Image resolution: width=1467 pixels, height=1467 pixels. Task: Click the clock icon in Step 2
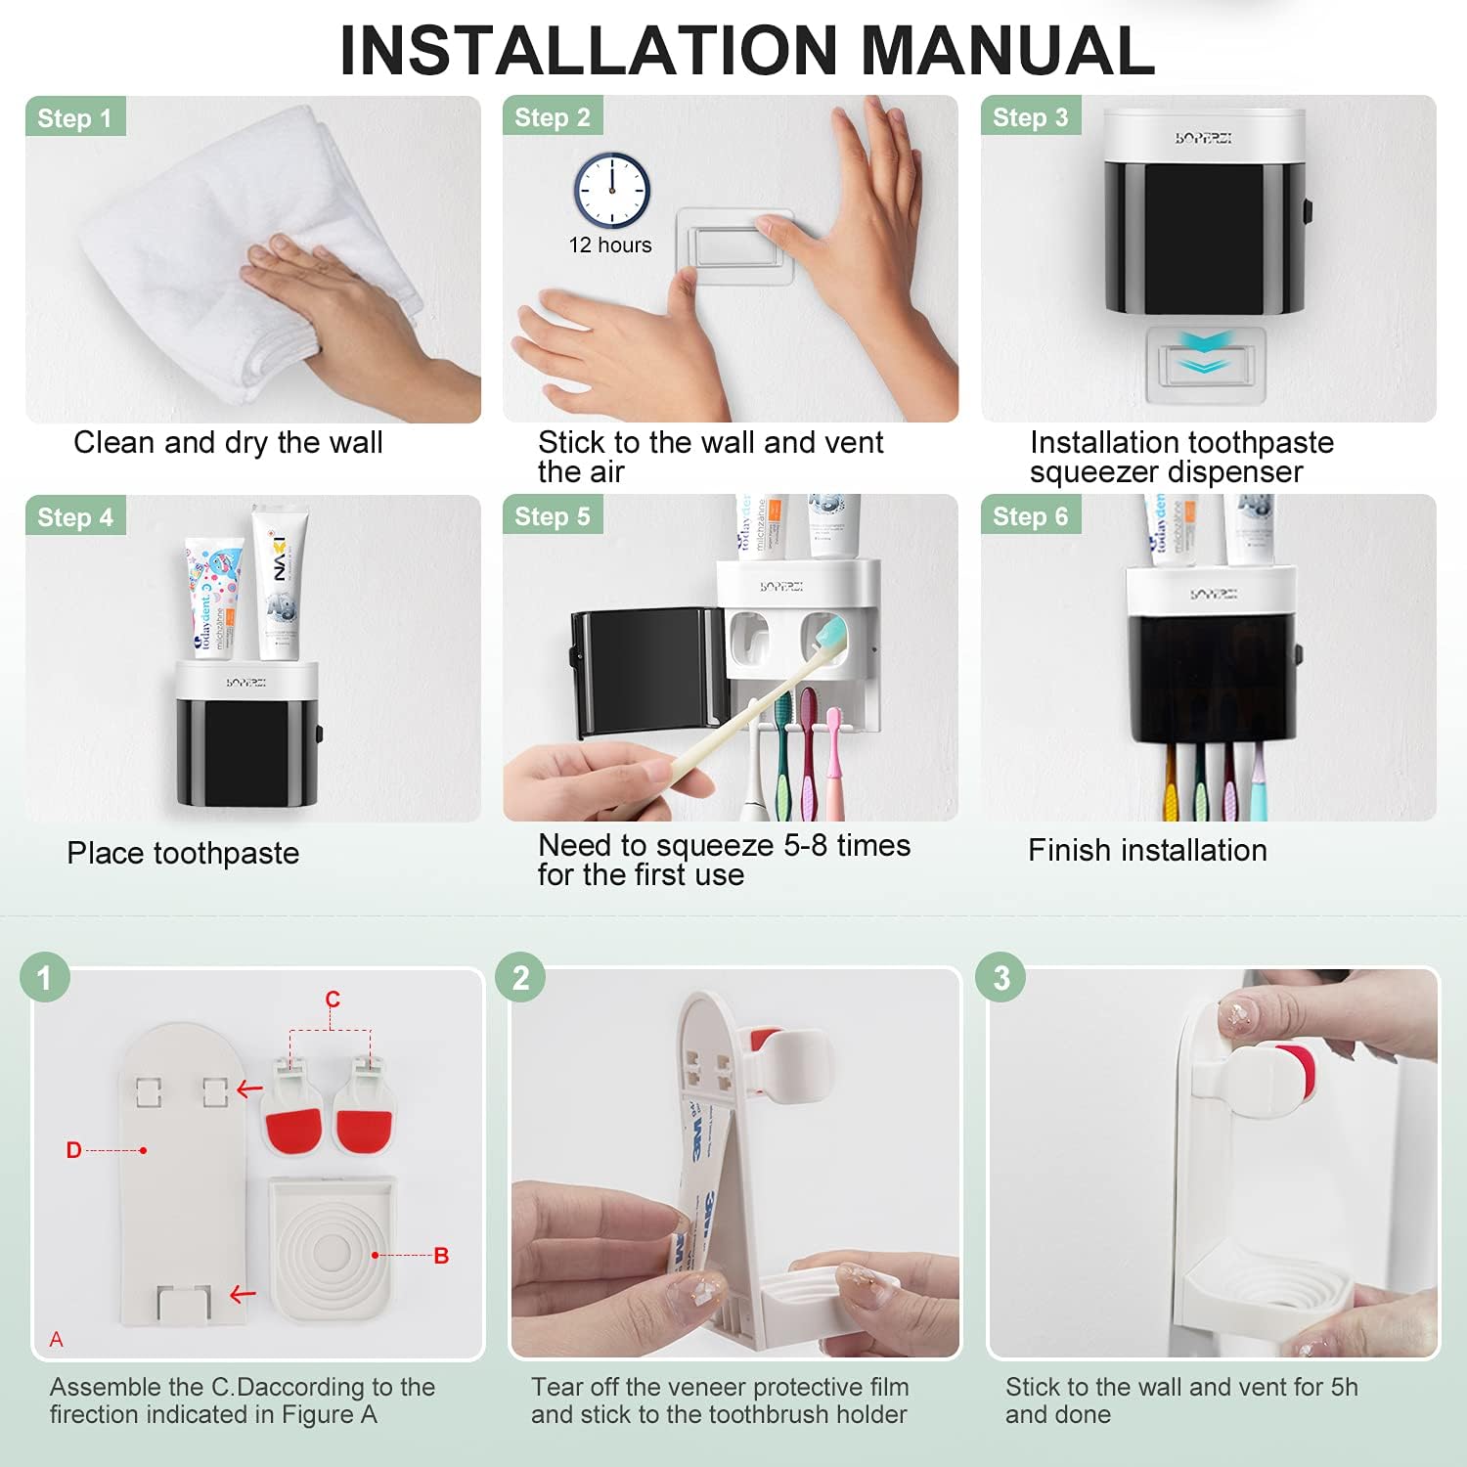click(611, 190)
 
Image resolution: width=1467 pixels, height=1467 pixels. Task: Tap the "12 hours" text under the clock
click(610, 245)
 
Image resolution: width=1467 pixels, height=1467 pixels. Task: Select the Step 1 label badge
click(75, 118)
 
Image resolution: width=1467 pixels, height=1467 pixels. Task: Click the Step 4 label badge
click(75, 517)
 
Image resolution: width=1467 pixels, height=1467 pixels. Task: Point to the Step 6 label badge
click(1031, 516)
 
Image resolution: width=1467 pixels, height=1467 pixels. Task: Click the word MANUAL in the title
click(1007, 51)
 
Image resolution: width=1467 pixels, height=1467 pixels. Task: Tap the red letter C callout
click(333, 1000)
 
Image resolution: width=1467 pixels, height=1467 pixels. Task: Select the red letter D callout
click(74, 1150)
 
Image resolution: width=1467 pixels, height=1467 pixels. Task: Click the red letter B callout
click(441, 1256)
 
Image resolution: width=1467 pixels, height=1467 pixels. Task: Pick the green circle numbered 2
click(520, 978)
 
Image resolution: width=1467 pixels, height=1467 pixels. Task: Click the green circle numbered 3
click(1000, 978)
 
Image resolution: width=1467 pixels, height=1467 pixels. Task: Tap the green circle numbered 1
click(44, 978)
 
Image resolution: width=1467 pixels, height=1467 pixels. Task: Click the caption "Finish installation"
click(1147, 851)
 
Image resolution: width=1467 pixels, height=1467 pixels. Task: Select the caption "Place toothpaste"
click(183, 854)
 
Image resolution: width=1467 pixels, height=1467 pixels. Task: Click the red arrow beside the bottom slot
click(243, 1295)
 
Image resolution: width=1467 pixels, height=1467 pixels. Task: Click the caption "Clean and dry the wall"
click(228, 443)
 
